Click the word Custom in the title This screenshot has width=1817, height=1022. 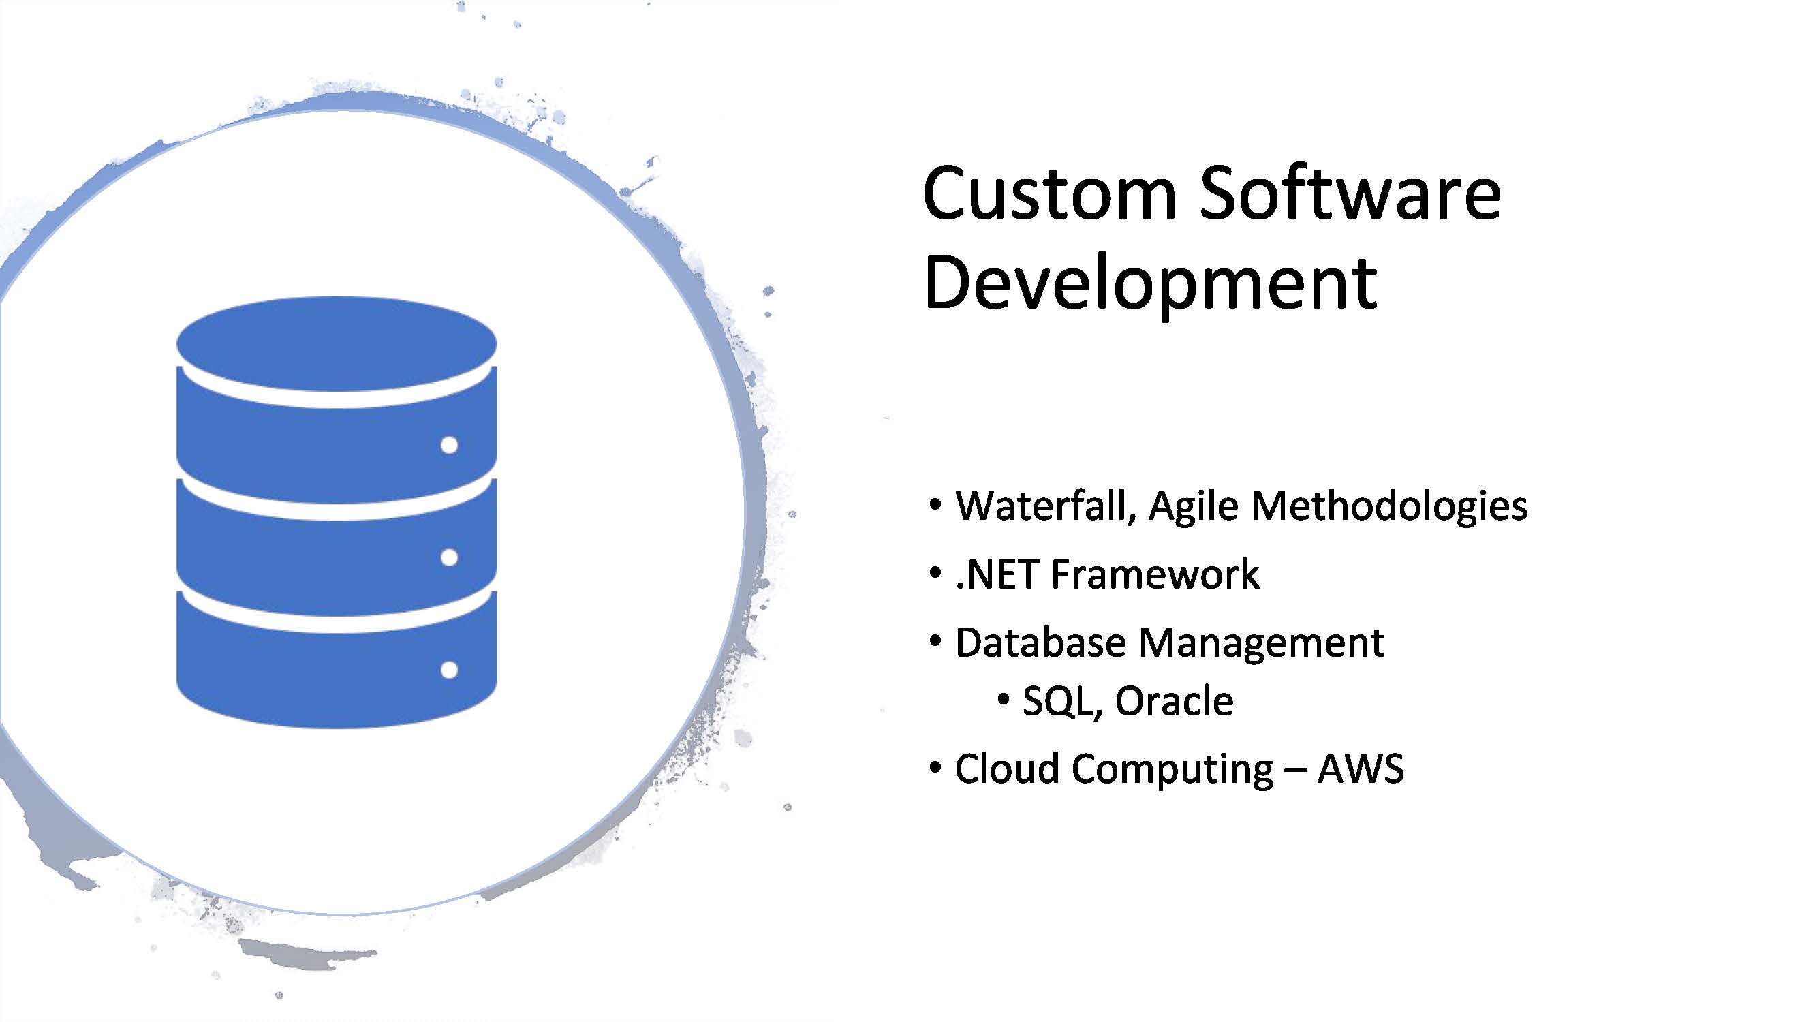coord(1049,193)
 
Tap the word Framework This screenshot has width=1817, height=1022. coord(1155,574)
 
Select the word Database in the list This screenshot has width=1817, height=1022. coord(1040,642)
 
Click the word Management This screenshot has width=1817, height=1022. coord(1261,644)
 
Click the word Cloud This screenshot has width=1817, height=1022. coord(1006,767)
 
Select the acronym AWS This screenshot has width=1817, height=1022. coord(1361,768)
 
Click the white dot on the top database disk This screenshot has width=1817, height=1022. coord(448,445)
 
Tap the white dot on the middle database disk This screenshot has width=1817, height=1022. coord(448,557)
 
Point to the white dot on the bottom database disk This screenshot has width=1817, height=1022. coord(448,669)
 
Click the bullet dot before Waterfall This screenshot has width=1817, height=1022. coord(935,505)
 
